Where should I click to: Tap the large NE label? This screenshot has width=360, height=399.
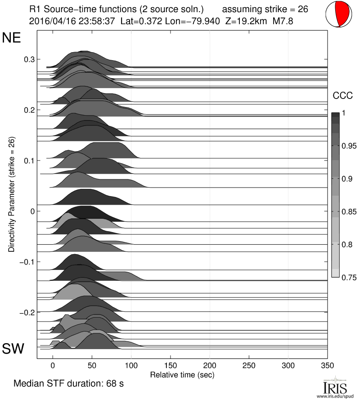12,38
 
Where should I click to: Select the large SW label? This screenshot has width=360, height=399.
13,348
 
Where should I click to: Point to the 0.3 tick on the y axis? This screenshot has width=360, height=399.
29,59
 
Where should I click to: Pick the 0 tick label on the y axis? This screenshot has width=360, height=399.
32,211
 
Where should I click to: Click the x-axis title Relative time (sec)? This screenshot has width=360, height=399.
182,374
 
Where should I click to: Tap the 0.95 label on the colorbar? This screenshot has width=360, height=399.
347,146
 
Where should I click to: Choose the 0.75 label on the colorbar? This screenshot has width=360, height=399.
347,278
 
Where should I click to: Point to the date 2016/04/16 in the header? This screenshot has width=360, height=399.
49,21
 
